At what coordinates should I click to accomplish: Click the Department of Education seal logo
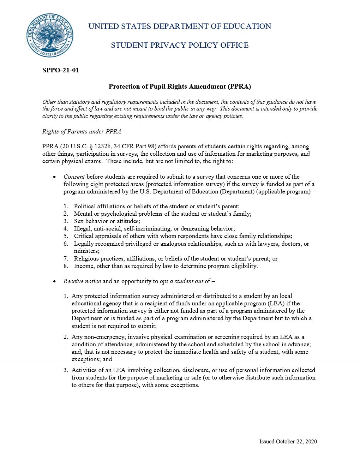pos(50,35)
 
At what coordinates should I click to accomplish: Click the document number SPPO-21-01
pos(60,70)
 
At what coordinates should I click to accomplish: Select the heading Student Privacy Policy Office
pos(180,45)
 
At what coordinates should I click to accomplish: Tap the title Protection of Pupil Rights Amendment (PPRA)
pos(180,86)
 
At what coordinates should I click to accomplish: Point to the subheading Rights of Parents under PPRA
pos(82,131)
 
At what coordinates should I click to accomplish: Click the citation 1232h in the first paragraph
pos(102,146)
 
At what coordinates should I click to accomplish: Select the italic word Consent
pos(74,177)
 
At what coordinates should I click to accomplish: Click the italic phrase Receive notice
pos(82,281)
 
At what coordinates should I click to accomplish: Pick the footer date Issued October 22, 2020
pos(288,441)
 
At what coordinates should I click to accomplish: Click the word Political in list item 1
pos(84,206)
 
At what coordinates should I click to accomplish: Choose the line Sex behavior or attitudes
pos(107,221)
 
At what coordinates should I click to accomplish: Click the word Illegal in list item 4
pos(83,228)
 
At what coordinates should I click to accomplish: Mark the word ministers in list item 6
pos(86,251)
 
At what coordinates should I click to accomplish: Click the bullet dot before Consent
pos(54,177)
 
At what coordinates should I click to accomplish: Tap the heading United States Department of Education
pos(180,26)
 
